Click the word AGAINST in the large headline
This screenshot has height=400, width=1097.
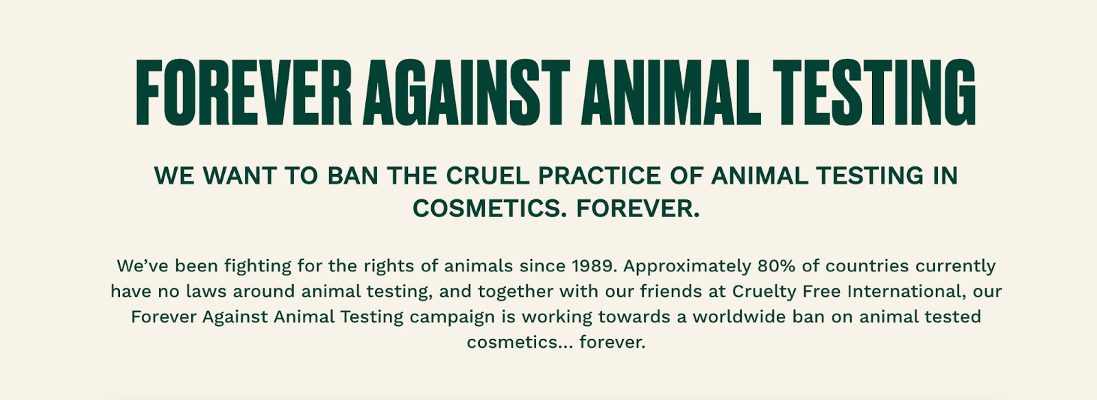click(466, 92)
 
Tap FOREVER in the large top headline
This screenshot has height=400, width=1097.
click(243, 92)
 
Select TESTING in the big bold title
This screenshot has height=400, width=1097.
click(874, 92)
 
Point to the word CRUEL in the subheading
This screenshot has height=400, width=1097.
click(487, 175)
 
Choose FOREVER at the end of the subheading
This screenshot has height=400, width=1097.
click(638, 208)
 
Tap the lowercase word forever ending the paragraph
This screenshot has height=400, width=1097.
click(612, 342)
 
